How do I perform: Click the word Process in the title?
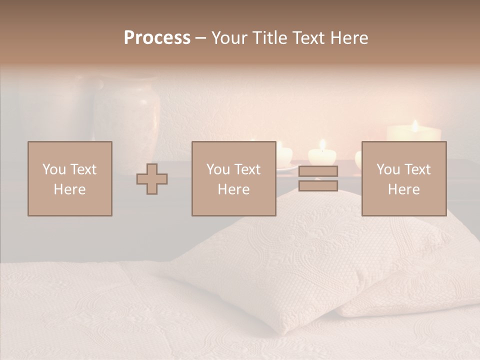point(157,38)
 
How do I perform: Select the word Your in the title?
point(228,38)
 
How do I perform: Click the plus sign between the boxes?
point(152,178)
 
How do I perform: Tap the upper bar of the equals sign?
point(318,171)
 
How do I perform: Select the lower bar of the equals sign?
point(318,186)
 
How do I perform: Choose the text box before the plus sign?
point(69,178)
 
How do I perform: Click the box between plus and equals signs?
point(233,178)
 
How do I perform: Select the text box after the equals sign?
point(403,178)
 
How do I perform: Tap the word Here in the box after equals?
point(403,189)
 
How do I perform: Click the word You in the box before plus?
point(53,169)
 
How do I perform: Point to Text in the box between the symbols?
point(247,169)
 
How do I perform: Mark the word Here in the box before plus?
point(69,189)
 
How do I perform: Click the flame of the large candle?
point(414,125)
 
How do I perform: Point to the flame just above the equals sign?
point(322,145)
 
